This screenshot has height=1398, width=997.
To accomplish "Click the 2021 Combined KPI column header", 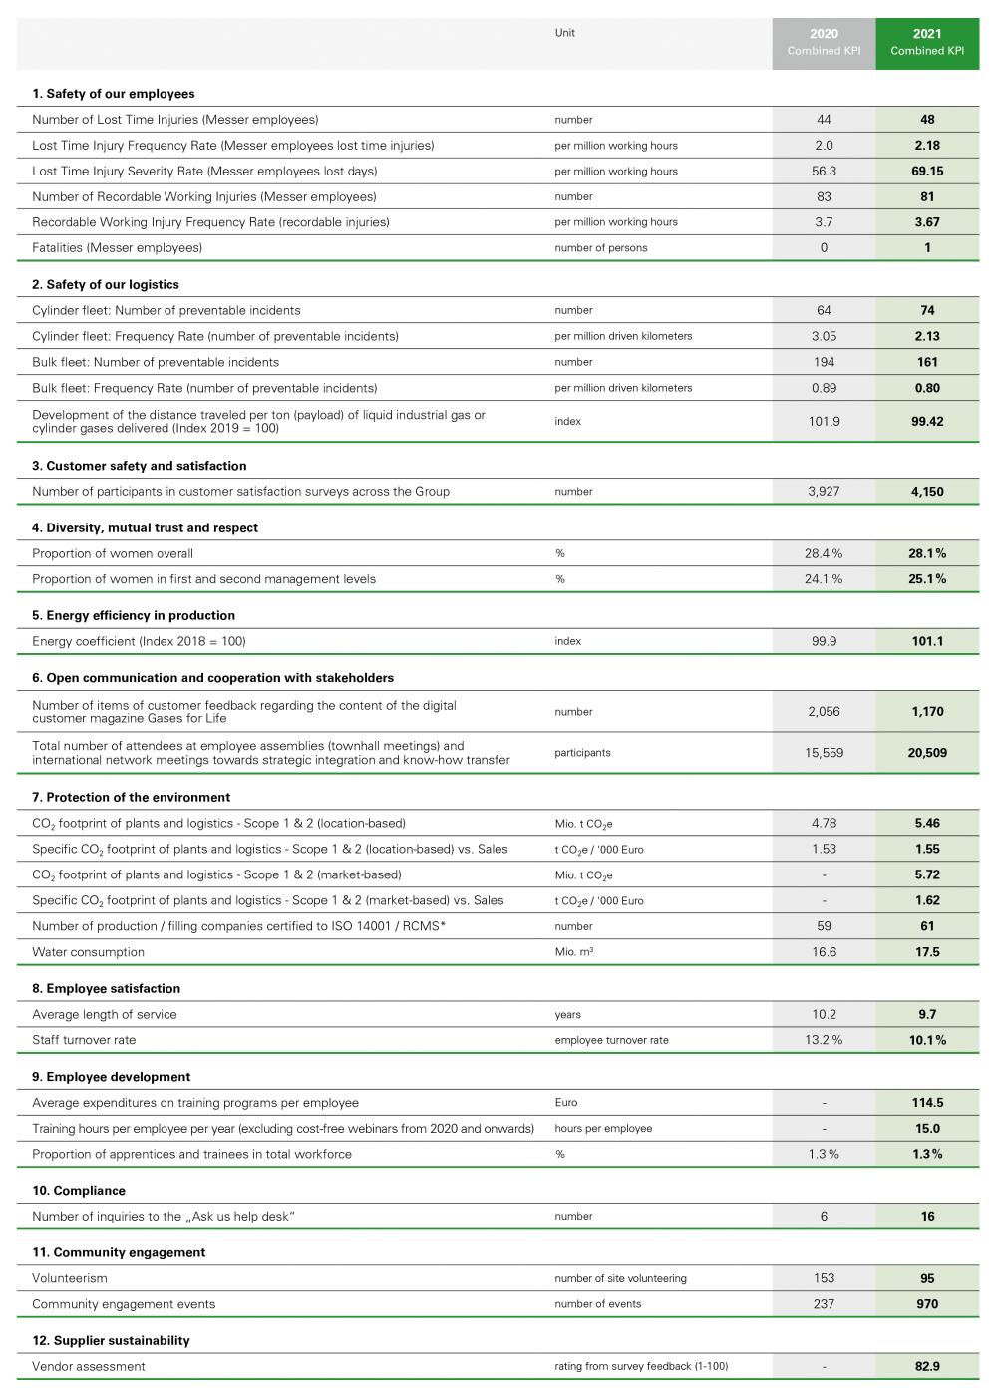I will coord(927,42).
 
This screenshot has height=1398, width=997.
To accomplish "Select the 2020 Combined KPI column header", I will coord(824,42).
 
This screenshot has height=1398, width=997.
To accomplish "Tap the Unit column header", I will coord(565,33).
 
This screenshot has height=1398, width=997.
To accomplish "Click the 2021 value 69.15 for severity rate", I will coord(927,171).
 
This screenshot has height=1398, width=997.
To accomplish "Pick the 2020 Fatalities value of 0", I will coord(824,247).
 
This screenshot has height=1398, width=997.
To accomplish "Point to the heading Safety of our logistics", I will coord(106,284).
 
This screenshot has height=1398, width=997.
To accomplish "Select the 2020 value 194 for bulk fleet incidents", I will coord(824,362).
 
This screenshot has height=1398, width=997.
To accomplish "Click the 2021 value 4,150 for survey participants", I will coord(927,491).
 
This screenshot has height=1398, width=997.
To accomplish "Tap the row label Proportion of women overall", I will coord(113,553).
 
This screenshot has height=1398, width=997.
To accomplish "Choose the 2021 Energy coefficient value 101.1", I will coord(927,641).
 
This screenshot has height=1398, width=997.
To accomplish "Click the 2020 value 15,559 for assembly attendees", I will coord(824,753).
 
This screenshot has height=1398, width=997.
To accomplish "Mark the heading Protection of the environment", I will coord(131,797).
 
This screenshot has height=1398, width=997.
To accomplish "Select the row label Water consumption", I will coord(88,952).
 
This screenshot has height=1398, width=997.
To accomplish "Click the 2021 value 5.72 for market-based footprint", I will coord(927,874).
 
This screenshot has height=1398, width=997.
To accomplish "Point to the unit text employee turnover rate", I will coord(611,1040).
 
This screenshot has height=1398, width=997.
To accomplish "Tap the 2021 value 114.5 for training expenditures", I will coord(927,1103).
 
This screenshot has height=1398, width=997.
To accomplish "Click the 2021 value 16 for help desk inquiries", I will coord(927,1216).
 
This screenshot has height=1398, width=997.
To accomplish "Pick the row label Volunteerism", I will coord(70,1278).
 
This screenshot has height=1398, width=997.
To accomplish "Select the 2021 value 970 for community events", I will coord(927,1304).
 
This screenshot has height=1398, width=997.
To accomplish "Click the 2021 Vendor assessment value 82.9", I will coord(927,1366).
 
